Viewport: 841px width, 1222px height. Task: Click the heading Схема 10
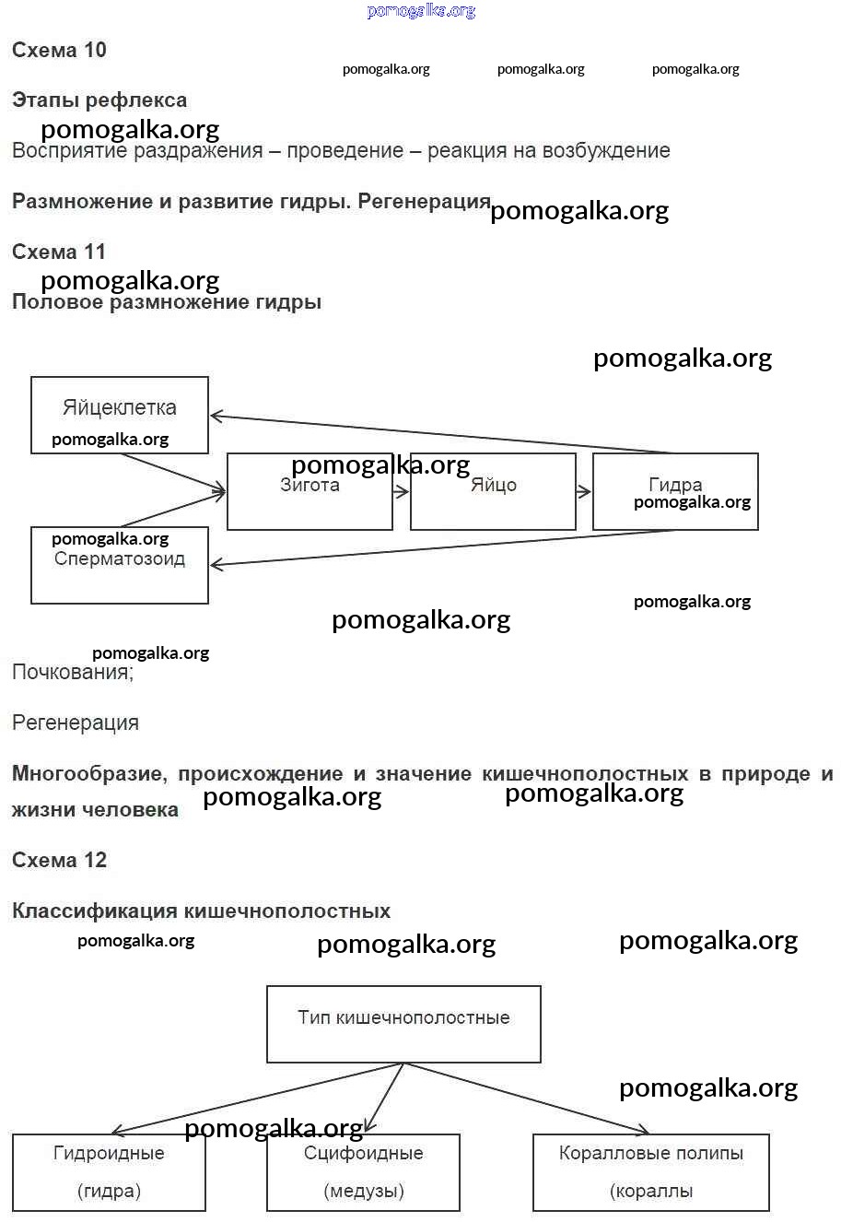tap(59, 51)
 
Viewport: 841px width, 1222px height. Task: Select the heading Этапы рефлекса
tap(99, 100)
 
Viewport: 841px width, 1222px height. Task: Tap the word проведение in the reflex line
tap(345, 151)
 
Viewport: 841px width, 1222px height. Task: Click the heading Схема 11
tap(59, 252)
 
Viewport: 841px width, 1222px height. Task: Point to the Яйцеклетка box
tap(120, 415)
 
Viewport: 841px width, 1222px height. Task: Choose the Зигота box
tap(310, 492)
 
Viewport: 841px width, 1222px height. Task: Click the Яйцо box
tap(493, 492)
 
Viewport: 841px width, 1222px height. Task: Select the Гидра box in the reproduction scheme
tap(675, 492)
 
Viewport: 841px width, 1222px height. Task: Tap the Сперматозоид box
tap(120, 565)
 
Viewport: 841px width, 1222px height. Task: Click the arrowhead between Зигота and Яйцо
tap(402, 492)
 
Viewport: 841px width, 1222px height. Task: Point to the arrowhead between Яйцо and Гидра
tap(584, 492)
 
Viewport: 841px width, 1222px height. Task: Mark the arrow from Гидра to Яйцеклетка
tap(442, 434)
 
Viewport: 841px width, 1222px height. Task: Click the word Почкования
tap(72, 673)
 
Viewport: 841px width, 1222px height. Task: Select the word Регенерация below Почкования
tap(76, 723)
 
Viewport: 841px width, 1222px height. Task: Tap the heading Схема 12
tap(59, 861)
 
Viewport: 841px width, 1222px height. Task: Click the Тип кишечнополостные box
tap(403, 1024)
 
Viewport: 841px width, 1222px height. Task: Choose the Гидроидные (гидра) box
tap(109, 1172)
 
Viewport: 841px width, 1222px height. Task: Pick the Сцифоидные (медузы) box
tap(363, 1172)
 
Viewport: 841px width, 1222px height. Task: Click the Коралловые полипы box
tap(650, 1172)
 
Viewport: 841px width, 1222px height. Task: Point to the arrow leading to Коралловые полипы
tap(525, 1098)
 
